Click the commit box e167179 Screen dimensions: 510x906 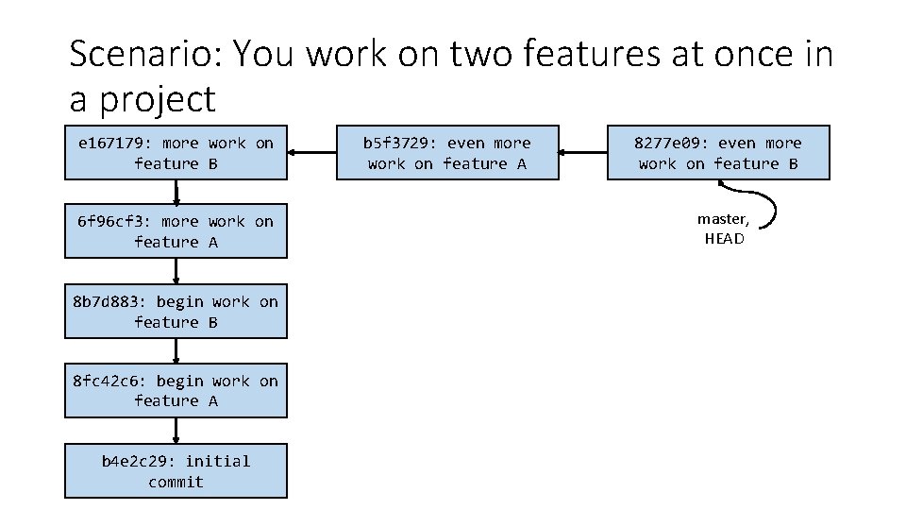pyautogui.click(x=176, y=153)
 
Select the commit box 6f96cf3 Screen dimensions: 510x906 pyautogui.click(x=176, y=231)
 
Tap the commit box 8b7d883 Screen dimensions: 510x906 pyautogui.click(x=176, y=312)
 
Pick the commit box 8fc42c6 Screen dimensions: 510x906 pyautogui.click(x=176, y=391)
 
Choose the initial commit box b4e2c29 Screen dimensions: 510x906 pyautogui.click(x=176, y=471)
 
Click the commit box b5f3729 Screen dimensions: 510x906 pyautogui.click(x=448, y=153)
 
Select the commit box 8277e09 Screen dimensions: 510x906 pyautogui.click(x=718, y=153)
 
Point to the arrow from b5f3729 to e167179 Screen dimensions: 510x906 pyautogui.click(x=312, y=152)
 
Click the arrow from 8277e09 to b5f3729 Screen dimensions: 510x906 pyautogui.click(x=583, y=152)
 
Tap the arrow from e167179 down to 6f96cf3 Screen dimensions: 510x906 pyautogui.click(x=176, y=194)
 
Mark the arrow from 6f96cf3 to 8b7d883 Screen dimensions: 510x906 pyautogui.click(x=176, y=272)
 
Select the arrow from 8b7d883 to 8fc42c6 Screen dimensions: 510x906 pyautogui.click(x=176, y=351)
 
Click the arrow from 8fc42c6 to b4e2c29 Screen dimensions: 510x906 pyautogui.click(x=176, y=432)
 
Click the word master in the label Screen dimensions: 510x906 pyautogui.click(x=720, y=219)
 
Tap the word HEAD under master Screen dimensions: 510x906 pyautogui.click(x=724, y=239)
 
